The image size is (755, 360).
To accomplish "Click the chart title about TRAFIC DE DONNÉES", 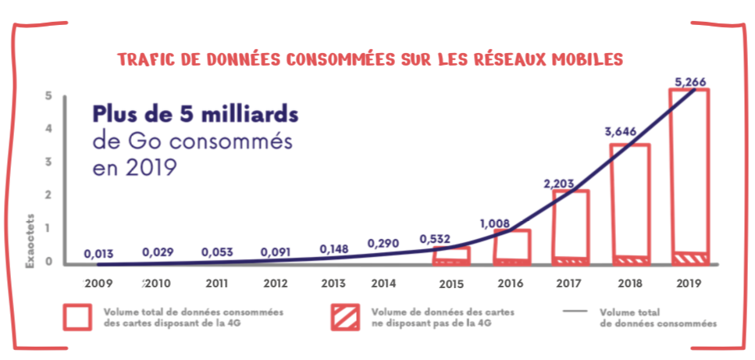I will (x=370, y=60).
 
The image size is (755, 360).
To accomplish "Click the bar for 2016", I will (x=512, y=247).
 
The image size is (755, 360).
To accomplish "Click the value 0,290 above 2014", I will (x=383, y=244).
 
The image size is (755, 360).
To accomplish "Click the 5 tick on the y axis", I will (x=48, y=96).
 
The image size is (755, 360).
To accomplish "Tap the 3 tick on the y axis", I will (x=48, y=162).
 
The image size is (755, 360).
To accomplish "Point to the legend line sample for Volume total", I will (x=575, y=311).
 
